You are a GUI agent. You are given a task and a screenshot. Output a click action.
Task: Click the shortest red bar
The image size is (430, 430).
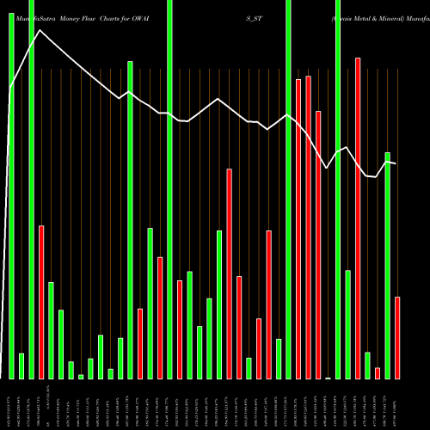378,372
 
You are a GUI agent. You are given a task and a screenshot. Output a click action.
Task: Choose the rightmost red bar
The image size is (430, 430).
397,337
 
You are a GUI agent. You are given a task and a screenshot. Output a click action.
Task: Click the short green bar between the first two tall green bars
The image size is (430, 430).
21,365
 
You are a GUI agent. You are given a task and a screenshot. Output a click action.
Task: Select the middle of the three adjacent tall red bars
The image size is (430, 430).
308,227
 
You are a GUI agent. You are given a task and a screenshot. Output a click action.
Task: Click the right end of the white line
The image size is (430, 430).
396,163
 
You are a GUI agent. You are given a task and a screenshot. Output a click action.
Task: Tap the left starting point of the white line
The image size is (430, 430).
9,90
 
